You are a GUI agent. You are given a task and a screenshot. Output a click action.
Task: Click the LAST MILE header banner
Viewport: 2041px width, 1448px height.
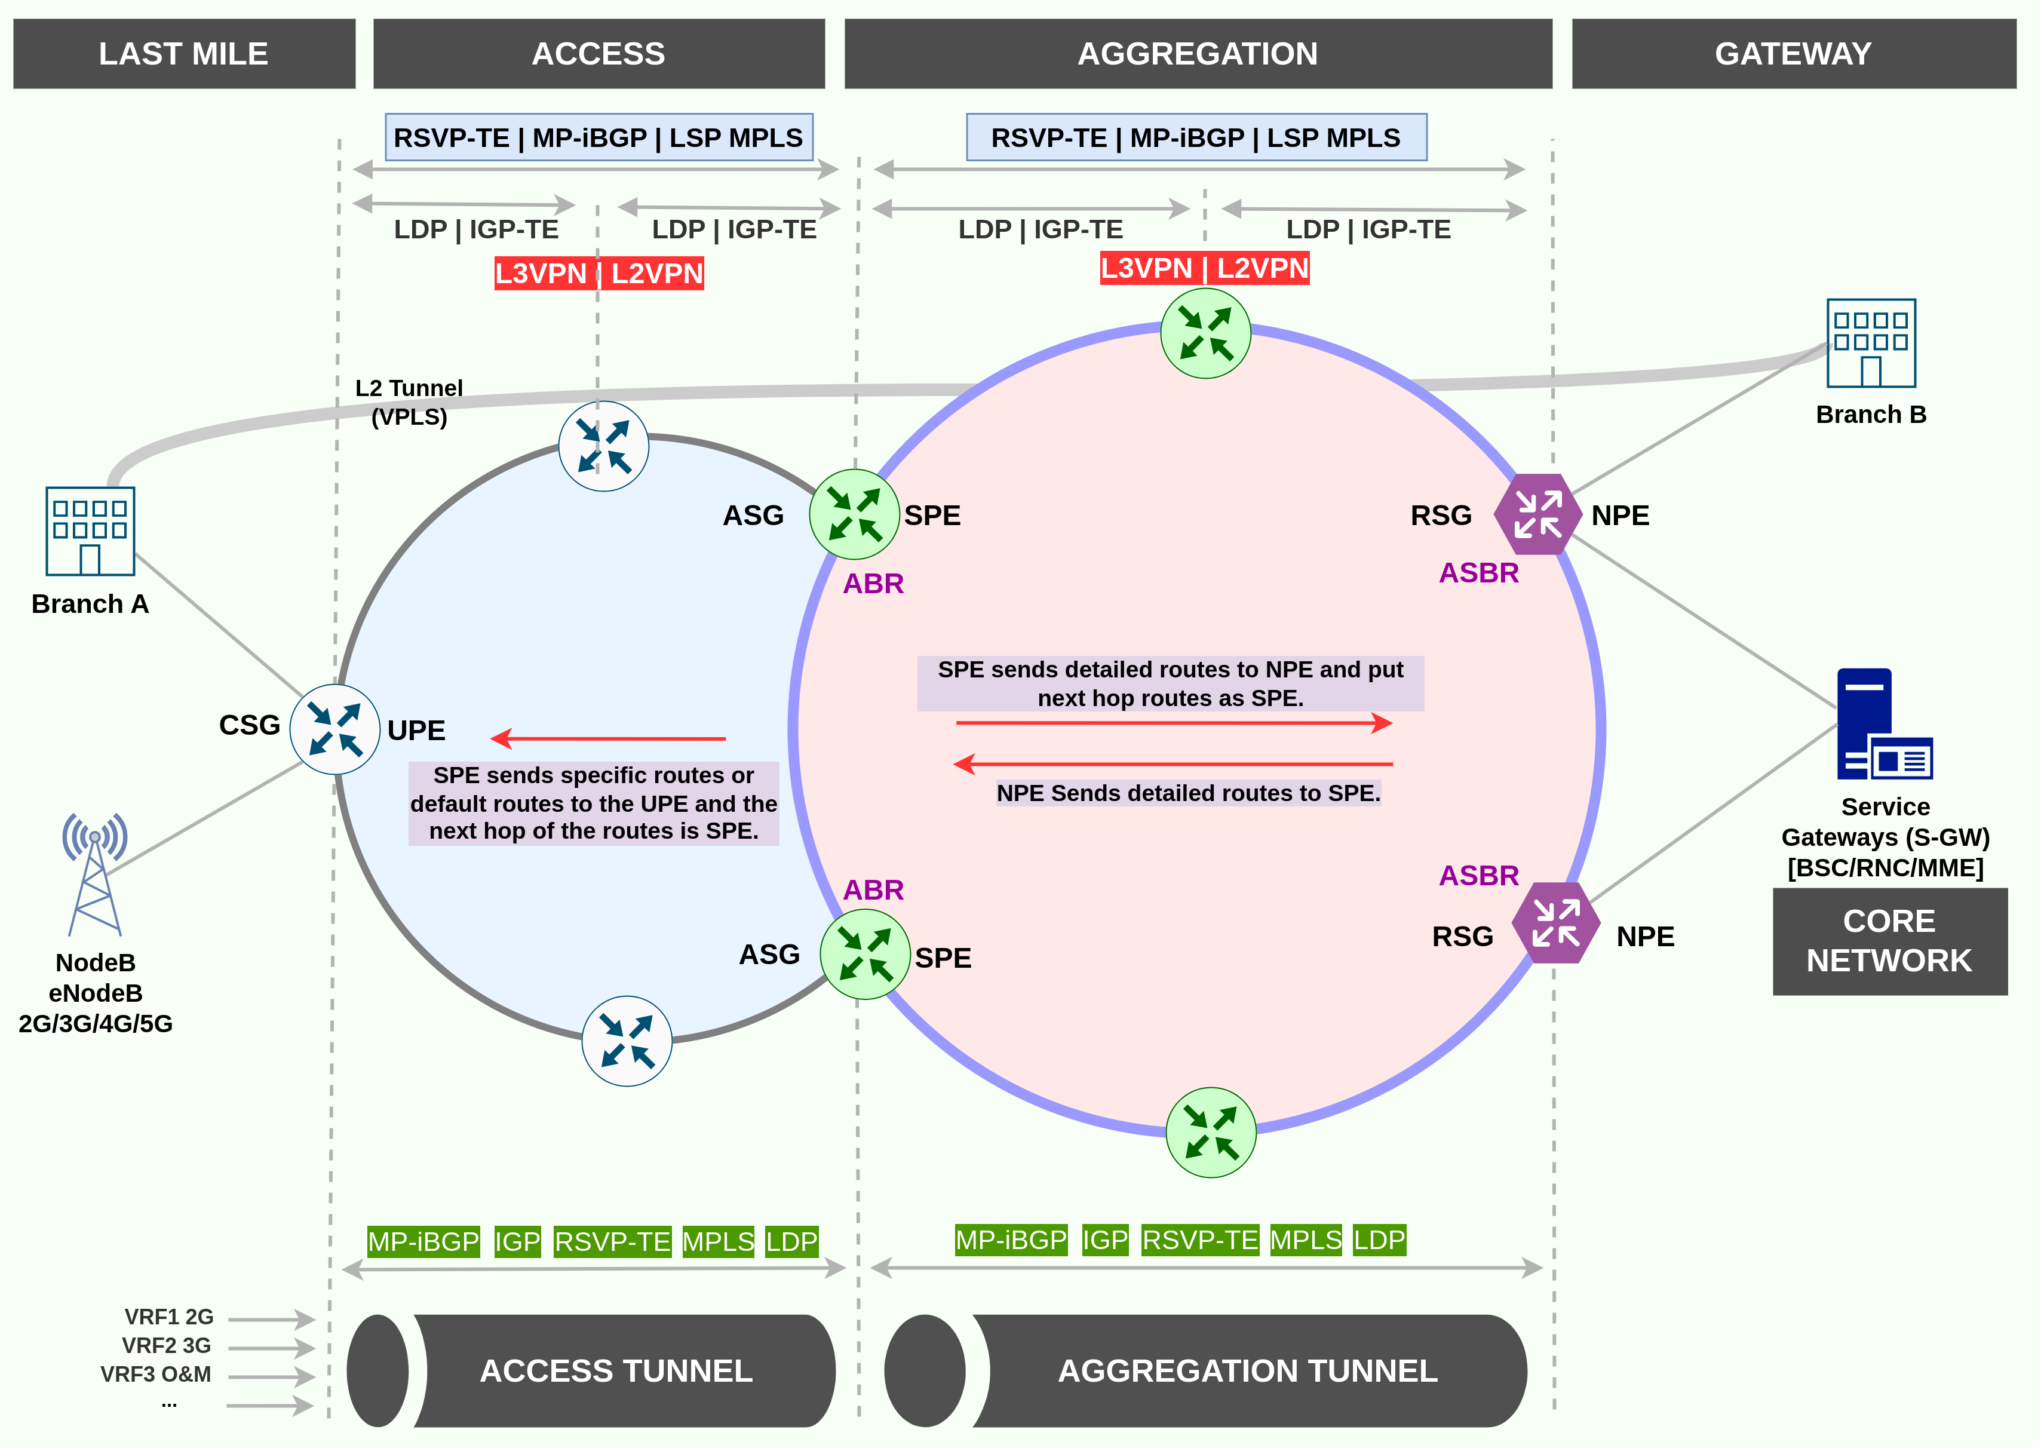click(x=184, y=54)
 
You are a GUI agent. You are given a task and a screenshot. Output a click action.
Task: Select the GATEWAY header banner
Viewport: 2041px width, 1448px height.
click(x=1793, y=54)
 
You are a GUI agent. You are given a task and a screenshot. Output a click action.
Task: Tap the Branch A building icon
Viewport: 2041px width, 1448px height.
click(x=90, y=532)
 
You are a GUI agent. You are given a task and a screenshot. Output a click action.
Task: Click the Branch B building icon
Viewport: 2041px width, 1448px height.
click(x=1871, y=343)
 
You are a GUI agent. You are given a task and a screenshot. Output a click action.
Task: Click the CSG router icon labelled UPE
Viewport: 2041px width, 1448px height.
click(x=335, y=729)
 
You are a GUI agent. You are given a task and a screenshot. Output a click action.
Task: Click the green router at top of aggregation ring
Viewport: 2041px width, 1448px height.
click(x=1205, y=333)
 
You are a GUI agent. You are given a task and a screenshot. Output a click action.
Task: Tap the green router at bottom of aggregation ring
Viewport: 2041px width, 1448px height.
click(x=1211, y=1133)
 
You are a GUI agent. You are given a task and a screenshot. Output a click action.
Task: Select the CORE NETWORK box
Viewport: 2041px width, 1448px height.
click(x=1889, y=941)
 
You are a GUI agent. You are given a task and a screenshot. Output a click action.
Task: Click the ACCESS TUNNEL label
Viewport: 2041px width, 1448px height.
click(x=616, y=1370)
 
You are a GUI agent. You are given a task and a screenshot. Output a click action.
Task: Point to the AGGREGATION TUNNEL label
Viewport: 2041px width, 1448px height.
click(x=1247, y=1370)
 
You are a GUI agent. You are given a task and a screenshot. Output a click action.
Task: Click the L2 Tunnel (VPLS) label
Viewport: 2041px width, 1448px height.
click(x=409, y=402)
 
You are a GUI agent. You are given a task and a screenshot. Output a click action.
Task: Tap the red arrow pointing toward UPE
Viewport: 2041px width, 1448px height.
click(x=607, y=738)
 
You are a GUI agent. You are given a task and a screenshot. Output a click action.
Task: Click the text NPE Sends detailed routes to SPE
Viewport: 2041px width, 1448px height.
click(x=1187, y=793)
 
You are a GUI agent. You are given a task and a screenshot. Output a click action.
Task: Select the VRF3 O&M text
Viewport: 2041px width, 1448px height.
click(x=155, y=1374)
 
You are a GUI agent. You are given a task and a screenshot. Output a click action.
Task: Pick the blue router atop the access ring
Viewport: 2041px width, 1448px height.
click(x=604, y=446)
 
